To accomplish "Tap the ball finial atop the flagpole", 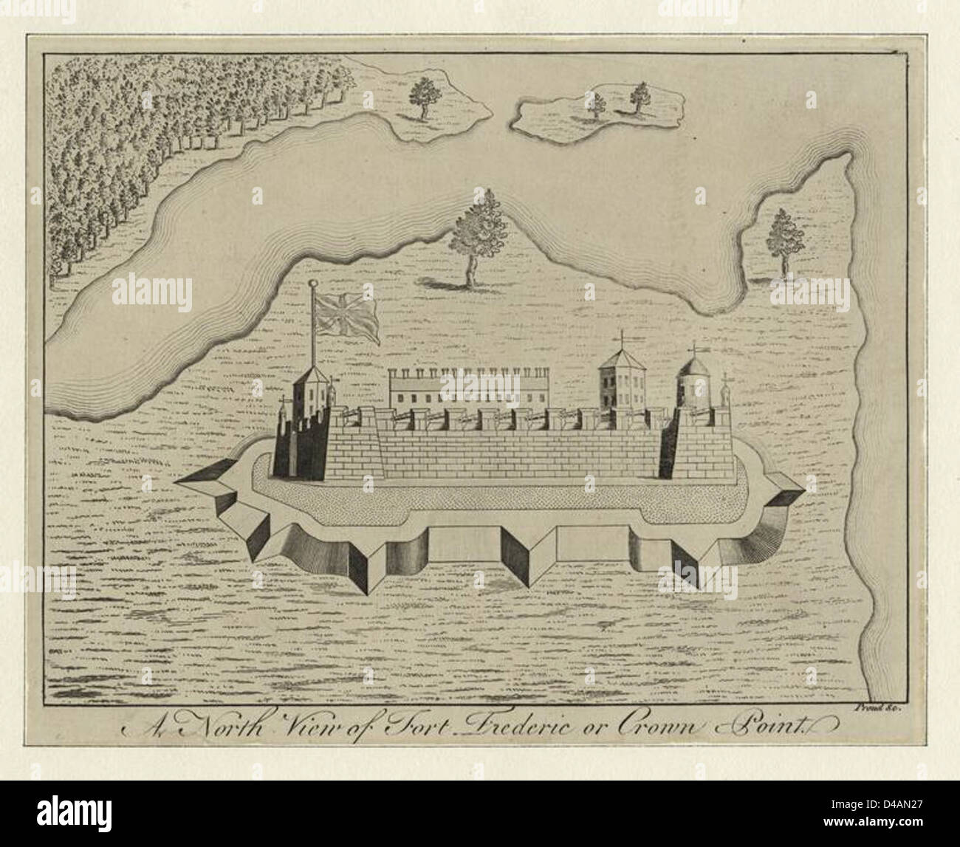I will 313,284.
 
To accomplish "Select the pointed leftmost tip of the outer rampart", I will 177,482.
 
